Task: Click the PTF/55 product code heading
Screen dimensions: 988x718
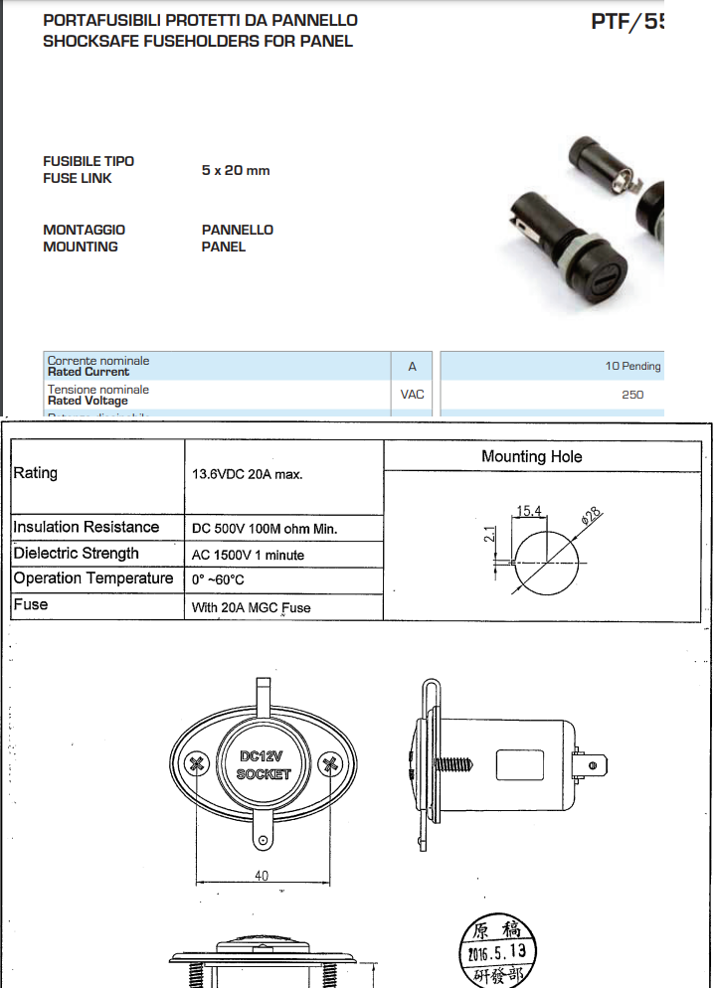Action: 627,21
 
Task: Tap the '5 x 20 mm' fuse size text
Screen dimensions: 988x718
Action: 235,170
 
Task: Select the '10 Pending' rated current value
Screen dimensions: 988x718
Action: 632,366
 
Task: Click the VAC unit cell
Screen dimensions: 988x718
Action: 412,395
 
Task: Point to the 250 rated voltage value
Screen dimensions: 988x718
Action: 632,395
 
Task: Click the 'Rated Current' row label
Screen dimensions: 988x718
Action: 89,372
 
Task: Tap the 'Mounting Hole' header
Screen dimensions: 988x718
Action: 531,457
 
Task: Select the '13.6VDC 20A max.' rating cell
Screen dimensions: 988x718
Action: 247,474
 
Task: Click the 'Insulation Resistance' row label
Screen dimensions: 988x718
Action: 86,527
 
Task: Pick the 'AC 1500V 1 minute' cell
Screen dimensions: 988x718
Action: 248,555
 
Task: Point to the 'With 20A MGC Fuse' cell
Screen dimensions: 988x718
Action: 251,606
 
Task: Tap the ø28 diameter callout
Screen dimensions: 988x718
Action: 591,516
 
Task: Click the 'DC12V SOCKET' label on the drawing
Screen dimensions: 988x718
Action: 264,764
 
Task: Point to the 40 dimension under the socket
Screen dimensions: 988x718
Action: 262,875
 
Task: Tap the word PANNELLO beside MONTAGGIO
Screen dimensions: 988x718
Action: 237,230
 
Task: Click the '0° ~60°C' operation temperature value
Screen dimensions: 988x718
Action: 218,579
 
